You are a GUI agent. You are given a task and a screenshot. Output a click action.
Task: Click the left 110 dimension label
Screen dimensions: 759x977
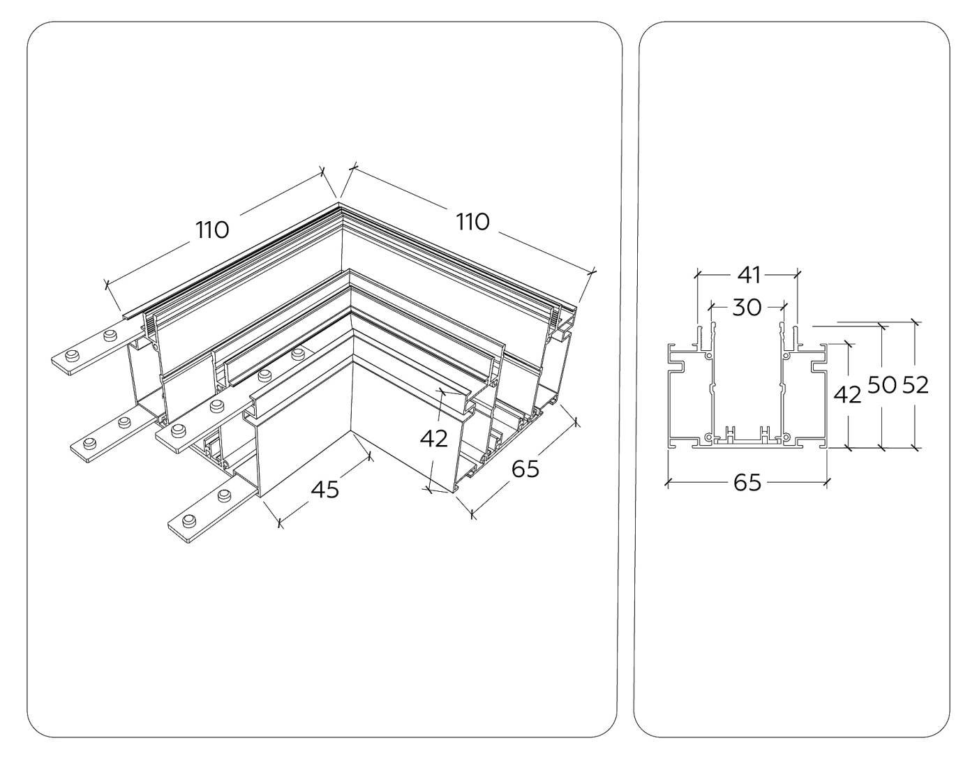(212, 229)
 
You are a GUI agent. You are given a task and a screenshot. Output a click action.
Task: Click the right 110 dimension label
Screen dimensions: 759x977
(473, 222)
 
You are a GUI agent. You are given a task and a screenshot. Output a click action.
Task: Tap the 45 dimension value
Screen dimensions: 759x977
(325, 489)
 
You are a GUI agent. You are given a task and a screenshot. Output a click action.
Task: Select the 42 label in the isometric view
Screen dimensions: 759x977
(434, 439)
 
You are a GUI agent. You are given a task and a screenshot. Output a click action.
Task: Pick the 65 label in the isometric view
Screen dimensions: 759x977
(525, 469)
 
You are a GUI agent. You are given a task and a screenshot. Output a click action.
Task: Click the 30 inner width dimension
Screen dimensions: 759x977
(747, 307)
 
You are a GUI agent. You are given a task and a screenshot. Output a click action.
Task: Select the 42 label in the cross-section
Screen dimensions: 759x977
(848, 395)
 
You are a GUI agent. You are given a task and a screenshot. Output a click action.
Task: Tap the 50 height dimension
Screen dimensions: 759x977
(881, 384)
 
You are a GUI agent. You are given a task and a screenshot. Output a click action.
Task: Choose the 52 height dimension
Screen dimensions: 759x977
(915, 384)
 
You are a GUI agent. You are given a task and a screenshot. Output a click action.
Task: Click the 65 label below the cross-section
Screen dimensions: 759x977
(747, 482)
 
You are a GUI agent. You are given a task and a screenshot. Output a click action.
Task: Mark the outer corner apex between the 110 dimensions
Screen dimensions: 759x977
(339, 203)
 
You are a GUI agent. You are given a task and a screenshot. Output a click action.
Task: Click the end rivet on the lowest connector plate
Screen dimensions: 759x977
(188, 522)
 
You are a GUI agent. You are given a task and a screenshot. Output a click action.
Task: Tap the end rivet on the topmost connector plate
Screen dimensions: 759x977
(70, 357)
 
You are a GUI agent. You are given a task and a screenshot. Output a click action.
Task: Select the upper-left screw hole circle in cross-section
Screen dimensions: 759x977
(709, 356)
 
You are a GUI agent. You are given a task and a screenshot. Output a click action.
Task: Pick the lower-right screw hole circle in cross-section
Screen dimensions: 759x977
(786, 437)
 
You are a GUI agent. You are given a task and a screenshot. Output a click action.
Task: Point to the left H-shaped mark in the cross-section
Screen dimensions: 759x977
(730, 434)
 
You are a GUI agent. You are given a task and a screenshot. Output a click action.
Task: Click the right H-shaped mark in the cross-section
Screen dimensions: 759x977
(765, 434)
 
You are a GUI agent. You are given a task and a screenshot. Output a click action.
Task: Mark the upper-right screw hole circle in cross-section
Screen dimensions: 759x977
(786, 356)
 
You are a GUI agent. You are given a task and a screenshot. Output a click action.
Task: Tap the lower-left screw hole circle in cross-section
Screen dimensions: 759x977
(709, 437)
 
